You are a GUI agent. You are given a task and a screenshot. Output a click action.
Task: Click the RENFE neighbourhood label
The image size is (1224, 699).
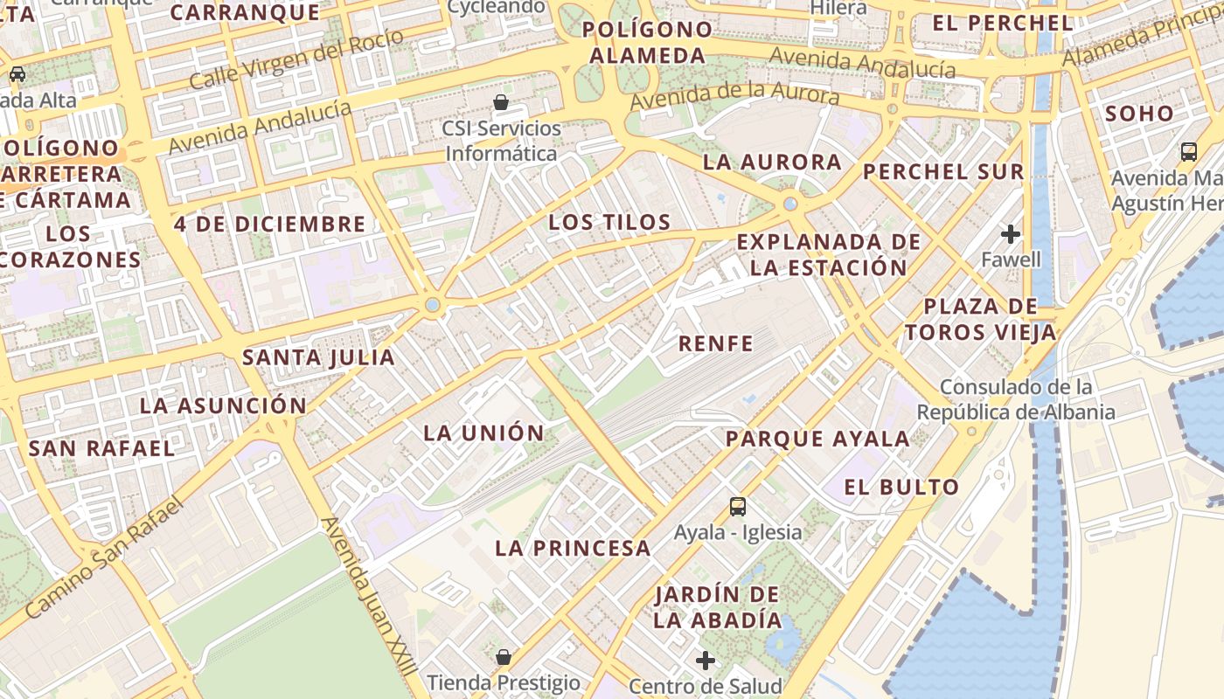pos(715,343)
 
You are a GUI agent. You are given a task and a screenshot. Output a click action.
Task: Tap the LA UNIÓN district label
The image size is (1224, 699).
pos(483,433)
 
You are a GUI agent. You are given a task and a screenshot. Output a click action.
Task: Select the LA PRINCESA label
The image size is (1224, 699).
pos(573,549)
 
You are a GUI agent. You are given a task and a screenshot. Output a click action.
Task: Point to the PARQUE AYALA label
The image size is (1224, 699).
pos(817,439)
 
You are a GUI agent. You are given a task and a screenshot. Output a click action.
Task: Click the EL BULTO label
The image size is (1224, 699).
pos(901,487)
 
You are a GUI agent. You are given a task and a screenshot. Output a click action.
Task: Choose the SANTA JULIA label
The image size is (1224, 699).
pos(318,356)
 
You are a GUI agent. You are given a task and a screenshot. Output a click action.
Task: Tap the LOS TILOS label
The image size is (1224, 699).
pos(609,222)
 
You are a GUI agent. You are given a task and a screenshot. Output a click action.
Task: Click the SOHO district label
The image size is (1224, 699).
pos(1139,114)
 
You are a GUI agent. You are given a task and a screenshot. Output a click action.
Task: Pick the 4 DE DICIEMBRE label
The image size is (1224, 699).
pos(269,224)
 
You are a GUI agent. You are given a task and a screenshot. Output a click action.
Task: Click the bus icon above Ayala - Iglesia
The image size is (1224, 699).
pos(737,506)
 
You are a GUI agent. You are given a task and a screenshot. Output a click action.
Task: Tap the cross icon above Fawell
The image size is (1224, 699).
pos(1011,234)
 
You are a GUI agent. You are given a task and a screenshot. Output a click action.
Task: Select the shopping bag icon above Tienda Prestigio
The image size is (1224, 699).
pos(504,656)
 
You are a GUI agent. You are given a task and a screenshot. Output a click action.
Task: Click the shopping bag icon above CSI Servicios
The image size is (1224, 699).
pos(501,102)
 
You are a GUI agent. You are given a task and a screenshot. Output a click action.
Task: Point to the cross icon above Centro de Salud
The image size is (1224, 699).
pos(706,661)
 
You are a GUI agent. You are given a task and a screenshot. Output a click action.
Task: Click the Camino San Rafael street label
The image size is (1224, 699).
pos(106,558)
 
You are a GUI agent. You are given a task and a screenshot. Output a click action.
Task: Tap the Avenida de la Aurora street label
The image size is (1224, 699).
pos(734,96)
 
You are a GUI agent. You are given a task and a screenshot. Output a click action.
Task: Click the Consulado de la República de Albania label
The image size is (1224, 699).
pos(1016,399)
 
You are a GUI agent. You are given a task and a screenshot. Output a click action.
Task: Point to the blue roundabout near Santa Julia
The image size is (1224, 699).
pos(432,305)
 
